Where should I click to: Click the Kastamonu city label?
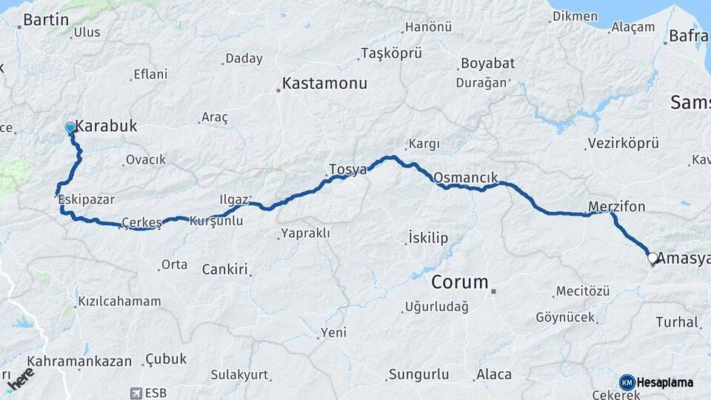point(324,84)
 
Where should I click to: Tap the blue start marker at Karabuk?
point(70,128)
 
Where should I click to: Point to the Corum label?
point(460,282)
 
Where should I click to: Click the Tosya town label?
point(348,170)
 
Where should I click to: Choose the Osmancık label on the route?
point(466,178)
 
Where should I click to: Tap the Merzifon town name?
point(616,206)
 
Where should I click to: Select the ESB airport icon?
point(136,393)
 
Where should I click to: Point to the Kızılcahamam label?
point(118,301)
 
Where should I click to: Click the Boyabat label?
point(487,63)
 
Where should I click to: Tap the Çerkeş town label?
point(141,221)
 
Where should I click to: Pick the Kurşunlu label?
point(216,221)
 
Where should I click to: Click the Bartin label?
point(46,20)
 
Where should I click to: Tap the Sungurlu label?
point(419,374)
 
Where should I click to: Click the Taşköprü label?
point(391,53)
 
